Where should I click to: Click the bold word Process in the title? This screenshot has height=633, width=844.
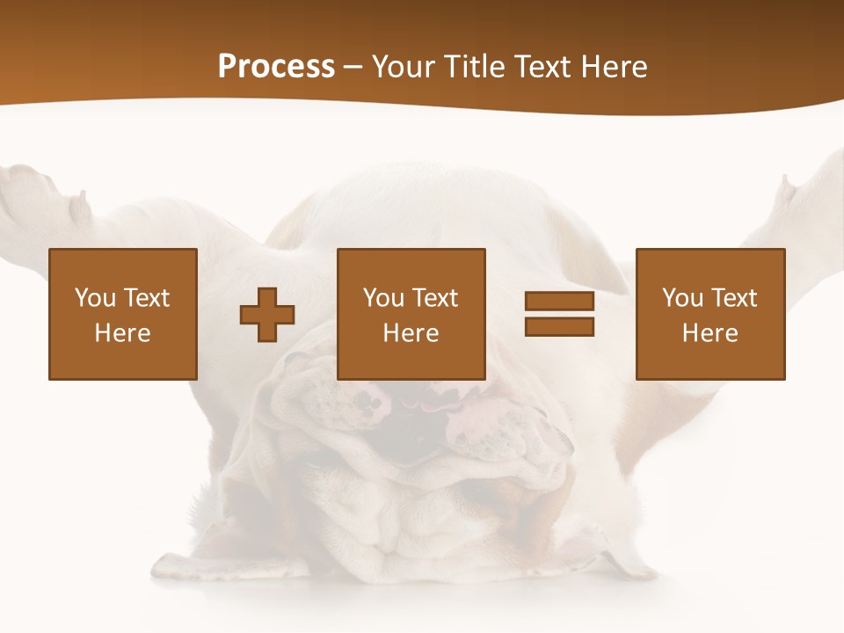276,67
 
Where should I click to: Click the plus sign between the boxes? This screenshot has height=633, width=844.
267,314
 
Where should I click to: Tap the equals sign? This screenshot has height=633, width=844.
559,314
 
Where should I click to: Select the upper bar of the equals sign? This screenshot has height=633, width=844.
559,302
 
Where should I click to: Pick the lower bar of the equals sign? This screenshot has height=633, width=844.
559,326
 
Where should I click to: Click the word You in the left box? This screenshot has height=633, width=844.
95,298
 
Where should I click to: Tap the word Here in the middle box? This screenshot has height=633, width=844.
411,333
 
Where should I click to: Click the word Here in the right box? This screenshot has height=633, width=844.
709,333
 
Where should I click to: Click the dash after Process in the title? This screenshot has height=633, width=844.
353,68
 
